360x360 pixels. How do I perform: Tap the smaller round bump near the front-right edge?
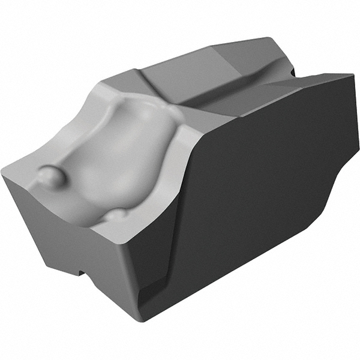pyautogui.click(x=118, y=214)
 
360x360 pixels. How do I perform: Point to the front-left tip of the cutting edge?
pyautogui.click(x=5, y=174)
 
